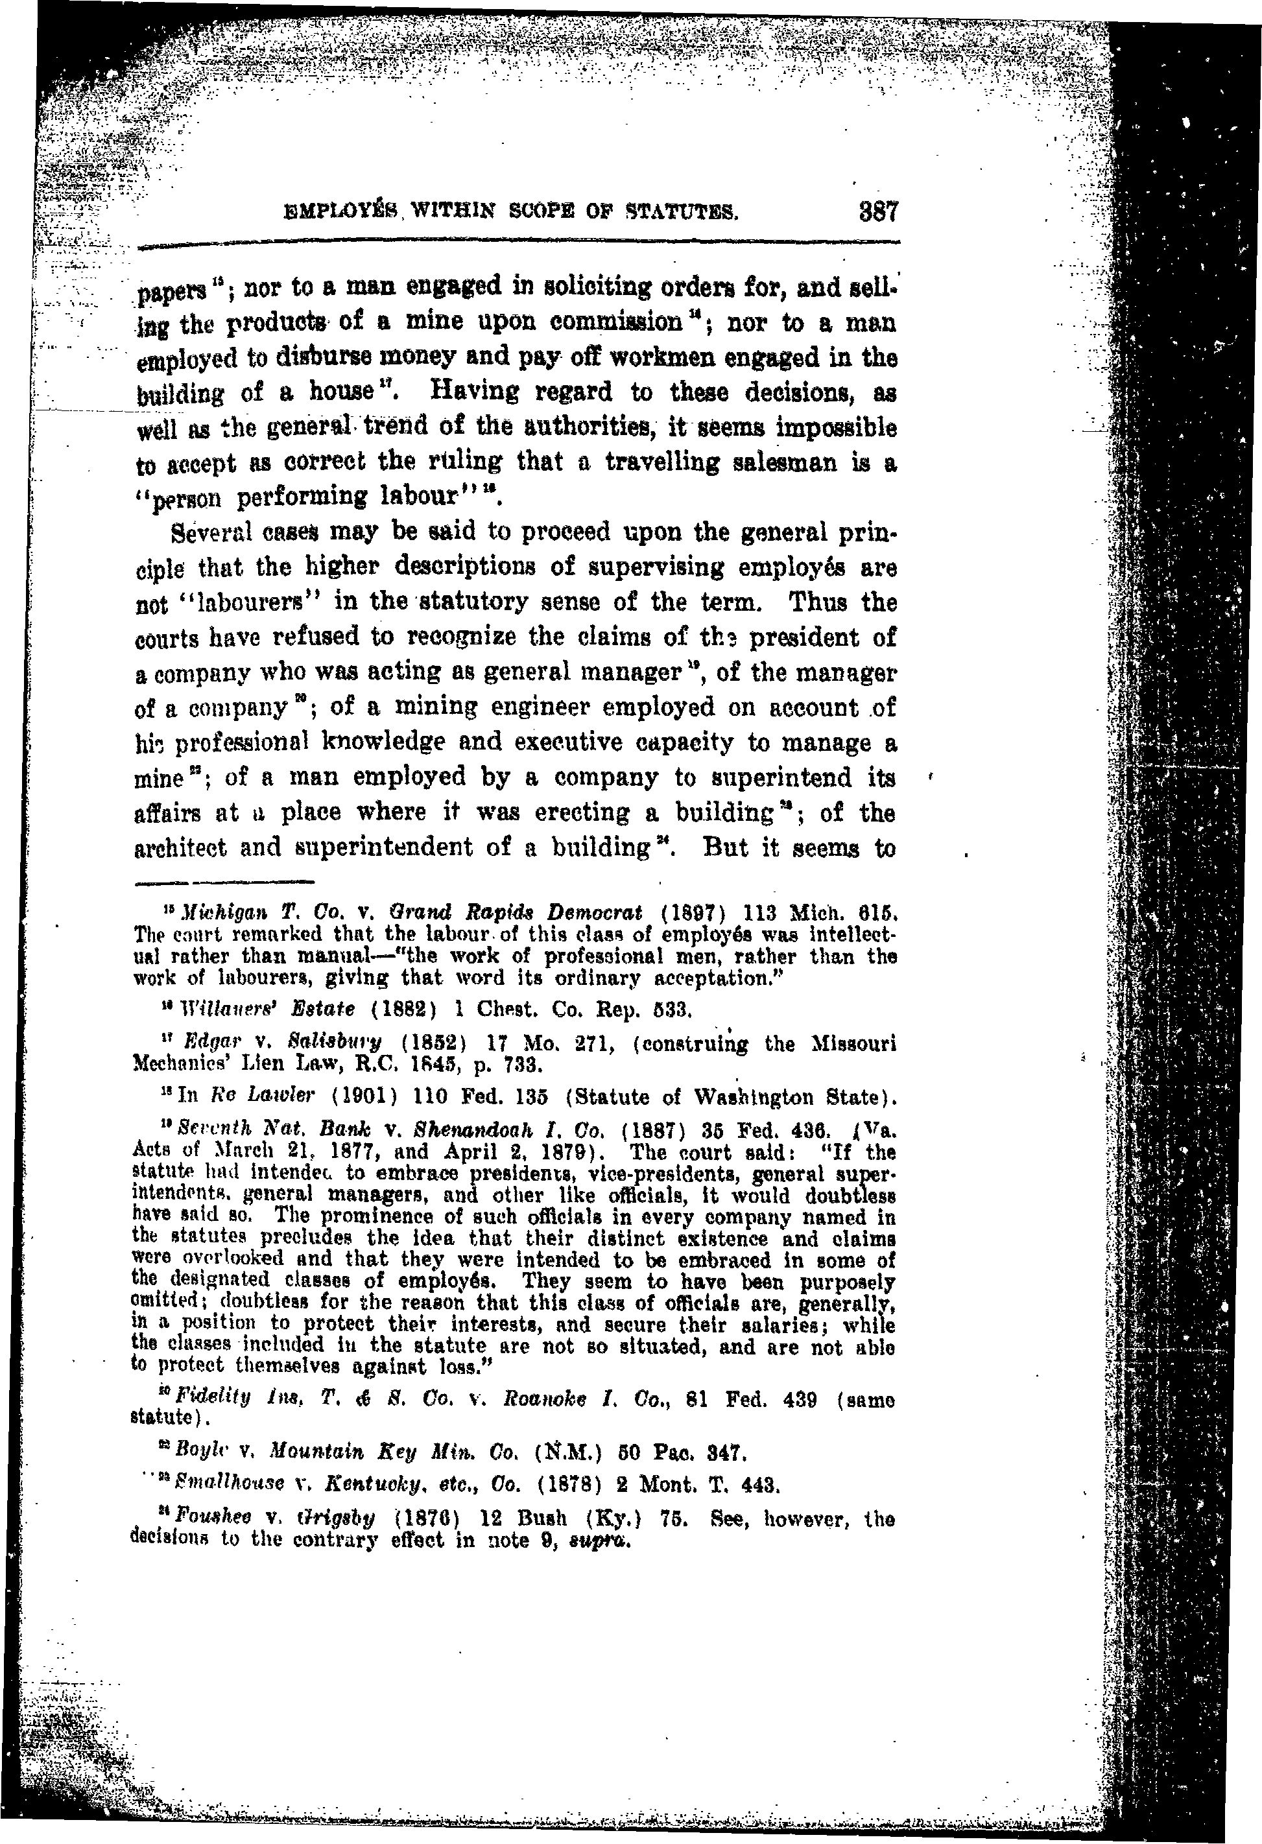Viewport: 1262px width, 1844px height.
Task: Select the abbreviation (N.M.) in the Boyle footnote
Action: pyautogui.click(x=567, y=1454)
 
